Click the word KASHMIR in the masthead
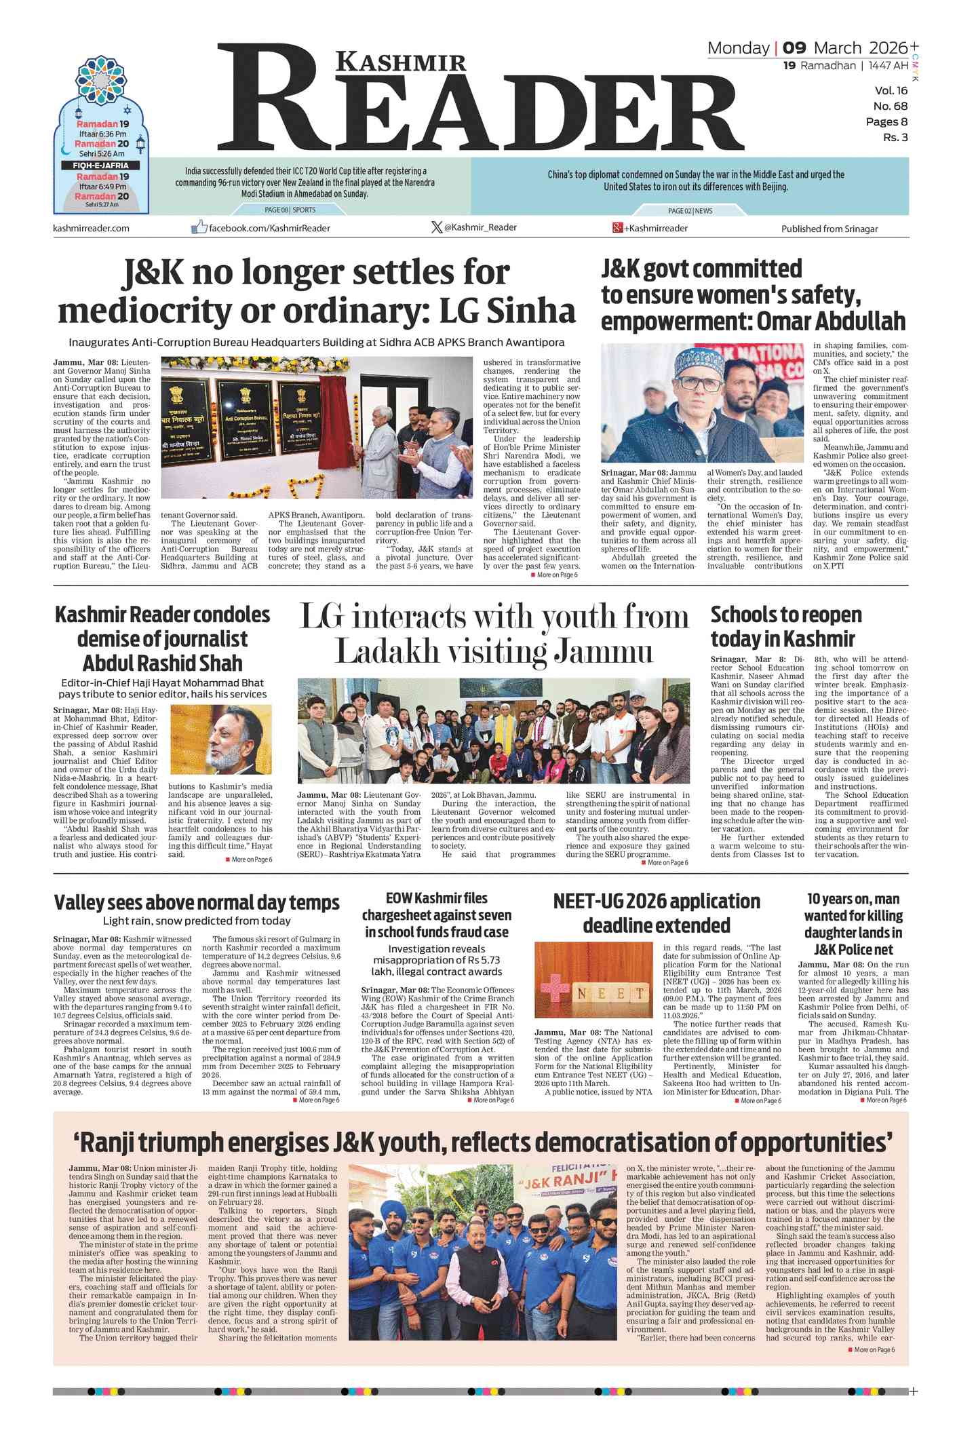(402, 62)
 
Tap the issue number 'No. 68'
(890, 106)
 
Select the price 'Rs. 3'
(895, 137)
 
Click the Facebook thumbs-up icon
(199, 227)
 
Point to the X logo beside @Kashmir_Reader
(437, 227)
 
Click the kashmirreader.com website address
(91, 228)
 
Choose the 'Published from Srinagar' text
(829, 229)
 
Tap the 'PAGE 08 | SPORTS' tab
(290, 210)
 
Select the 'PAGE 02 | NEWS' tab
(690, 211)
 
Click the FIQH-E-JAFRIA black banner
(100, 166)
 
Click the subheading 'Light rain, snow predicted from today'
(197, 921)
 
